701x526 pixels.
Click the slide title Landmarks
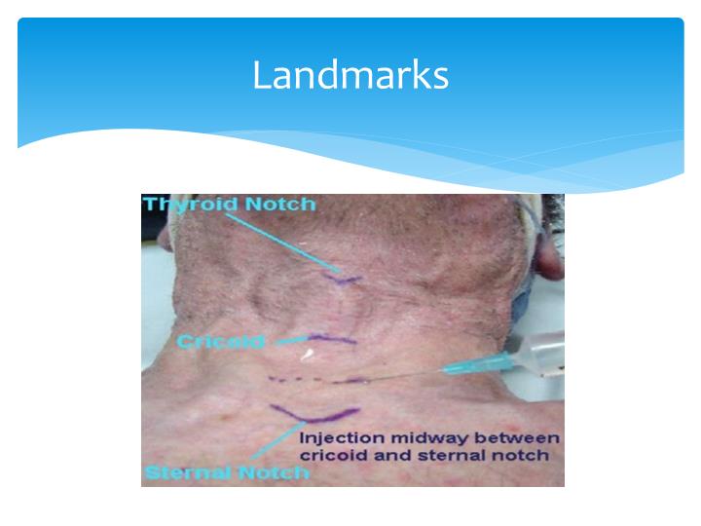coord(350,74)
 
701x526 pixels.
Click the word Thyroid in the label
coord(183,205)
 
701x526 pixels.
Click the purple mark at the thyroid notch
coord(343,280)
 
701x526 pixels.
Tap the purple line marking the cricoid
coord(331,341)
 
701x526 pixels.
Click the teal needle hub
coord(465,367)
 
